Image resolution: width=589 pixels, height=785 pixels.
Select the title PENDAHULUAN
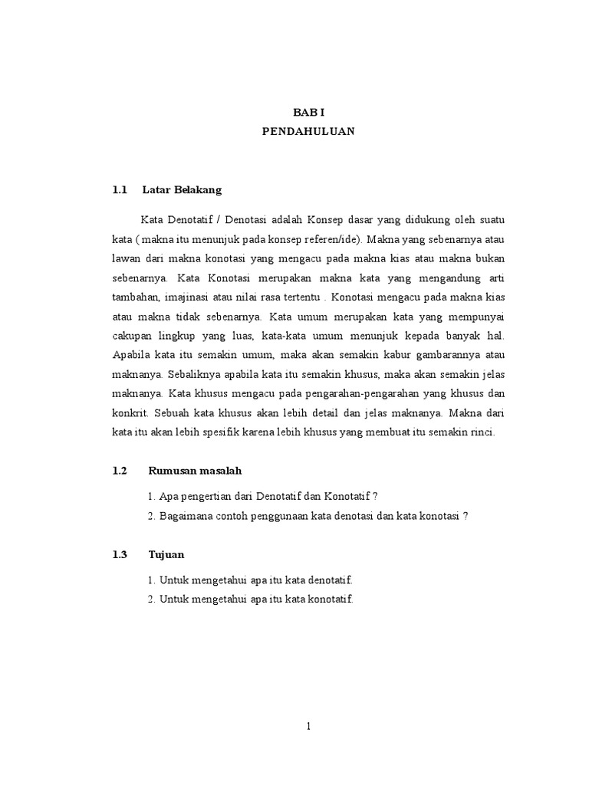308,131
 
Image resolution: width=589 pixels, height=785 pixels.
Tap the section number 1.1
118,189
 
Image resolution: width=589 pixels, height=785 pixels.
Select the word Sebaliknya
198,374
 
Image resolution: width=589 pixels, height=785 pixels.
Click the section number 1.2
118,470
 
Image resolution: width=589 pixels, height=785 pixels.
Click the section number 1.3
118,553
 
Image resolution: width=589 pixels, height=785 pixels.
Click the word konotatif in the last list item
329,599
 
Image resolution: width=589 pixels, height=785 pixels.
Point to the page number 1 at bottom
308,728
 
